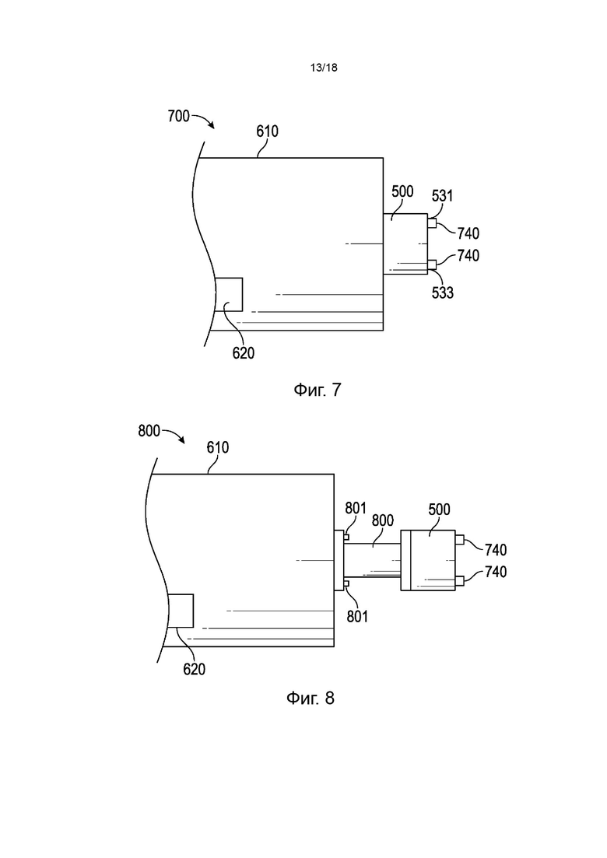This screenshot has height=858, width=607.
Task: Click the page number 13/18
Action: tap(324, 68)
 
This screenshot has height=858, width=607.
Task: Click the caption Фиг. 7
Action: tap(318, 390)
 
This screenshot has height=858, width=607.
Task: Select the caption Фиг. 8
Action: tap(310, 698)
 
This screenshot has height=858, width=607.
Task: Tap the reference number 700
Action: tap(178, 116)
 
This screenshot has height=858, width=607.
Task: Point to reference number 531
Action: tap(442, 195)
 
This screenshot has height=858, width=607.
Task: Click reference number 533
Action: tap(442, 292)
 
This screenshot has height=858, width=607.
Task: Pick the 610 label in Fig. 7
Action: tap(267, 131)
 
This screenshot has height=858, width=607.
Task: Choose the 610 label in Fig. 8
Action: tap(217, 447)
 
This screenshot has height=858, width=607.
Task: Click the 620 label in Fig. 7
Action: tap(243, 353)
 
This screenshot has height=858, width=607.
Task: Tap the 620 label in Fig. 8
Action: tap(194, 669)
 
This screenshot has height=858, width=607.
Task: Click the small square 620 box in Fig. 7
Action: tap(228, 294)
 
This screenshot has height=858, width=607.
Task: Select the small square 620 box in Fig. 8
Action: tap(180, 610)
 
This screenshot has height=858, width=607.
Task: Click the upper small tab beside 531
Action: tap(432, 223)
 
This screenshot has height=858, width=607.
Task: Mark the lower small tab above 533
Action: tap(432, 264)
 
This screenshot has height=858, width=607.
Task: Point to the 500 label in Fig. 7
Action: tap(402, 191)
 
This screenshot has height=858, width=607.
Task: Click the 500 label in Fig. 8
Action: tap(439, 510)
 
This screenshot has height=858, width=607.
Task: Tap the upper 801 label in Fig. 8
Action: tap(355, 508)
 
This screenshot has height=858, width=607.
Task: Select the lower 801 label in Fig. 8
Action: tap(357, 617)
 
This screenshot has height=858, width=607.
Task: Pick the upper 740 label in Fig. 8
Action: tap(496, 549)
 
